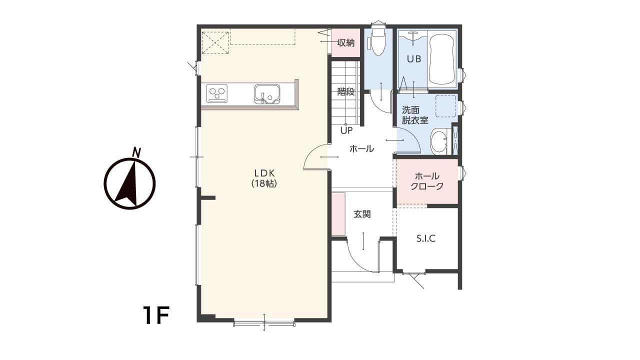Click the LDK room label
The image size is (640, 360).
click(264, 173)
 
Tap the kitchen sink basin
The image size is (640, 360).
click(267, 94)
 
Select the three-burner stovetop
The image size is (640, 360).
click(217, 93)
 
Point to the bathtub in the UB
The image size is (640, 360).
click(441, 59)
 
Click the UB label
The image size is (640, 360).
click(414, 59)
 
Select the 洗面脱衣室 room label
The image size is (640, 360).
click(415, 115)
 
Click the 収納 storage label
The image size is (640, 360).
click(345, 43)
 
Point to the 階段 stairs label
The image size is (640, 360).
click(346, 91)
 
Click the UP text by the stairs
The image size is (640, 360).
click(346, 130)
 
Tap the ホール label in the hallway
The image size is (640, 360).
click(361, 148)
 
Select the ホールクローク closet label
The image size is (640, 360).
click(427, 181)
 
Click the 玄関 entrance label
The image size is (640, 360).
click(362, 214)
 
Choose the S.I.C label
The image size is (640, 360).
click(425, 238)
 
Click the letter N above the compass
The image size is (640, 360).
click(137, 152)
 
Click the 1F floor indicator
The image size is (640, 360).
click(156, 315)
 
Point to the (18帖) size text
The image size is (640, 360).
click(264, 183)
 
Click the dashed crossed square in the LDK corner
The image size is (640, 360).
click(215, 43)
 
